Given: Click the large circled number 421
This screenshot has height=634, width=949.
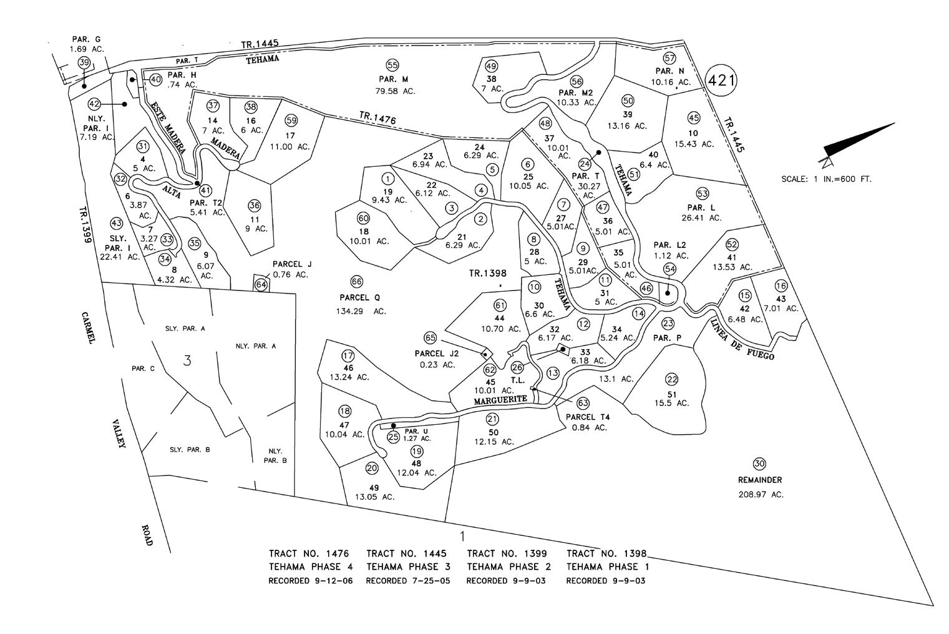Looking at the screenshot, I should [x=721, y=80].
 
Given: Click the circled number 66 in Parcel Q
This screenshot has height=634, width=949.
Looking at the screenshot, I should [x=356, y=282].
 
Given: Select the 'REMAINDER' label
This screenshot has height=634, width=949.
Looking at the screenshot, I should [x=759, y=480].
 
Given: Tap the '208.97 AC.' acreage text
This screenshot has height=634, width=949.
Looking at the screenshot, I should [x=759, y=494].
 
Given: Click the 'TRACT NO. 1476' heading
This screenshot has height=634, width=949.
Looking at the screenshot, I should [x=308, y=553].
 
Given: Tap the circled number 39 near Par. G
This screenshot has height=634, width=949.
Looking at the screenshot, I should [x=84, y=62].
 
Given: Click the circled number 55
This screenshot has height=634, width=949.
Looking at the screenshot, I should [x=392, y=65].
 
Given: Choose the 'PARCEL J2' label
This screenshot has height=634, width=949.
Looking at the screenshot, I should [x=437, y=354].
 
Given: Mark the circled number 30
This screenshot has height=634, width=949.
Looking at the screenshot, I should [x=759, y=463].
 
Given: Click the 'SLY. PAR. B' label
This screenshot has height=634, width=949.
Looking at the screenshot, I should [x=190, y=450].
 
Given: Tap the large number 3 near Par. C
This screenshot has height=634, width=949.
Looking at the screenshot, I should [x=187, y=360].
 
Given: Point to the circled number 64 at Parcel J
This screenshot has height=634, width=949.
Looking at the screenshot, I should [x=261, y=285].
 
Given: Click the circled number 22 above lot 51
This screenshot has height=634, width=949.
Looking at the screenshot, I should [x=671, y=379].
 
